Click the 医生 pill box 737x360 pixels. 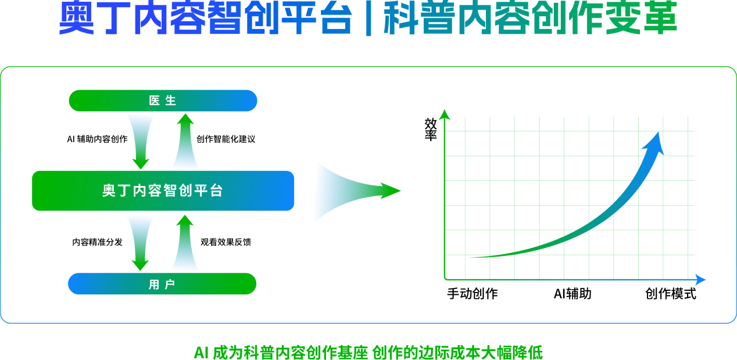pyautogui.click(x=163, y=101)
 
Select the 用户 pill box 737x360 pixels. pyautogui.click(x=162, y=284)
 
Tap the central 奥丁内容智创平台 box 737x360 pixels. pyautogui.click(x=163, y=191)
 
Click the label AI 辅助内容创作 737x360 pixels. pyautogui.click(x=98, y=139)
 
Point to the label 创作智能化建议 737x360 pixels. pyautogui.click(x=226, y=139)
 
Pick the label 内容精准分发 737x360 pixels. pyautogui.click(x=98, y=242)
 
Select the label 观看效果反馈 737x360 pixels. pyautogui.click(x=226, y=242)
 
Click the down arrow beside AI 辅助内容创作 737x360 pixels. pyautogui.click(x=141, y=142)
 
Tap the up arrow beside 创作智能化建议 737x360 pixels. pyautogui.click(x=185, y=141)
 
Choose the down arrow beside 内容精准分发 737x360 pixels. pyautogui.click(x=140, y=244)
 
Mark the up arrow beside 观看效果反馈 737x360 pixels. pyautogui.click(x=185, y=243)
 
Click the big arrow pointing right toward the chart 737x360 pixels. pyautogui.click(x=357, y=191)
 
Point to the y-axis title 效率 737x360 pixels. pyautogui.click(x=431, y=130)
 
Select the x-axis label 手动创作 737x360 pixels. pyautogui.click(x=473, y=294)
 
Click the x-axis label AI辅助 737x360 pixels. pyautogui.click(x=573, y=294)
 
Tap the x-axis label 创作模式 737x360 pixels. pyautogui.click(x=671, y=294)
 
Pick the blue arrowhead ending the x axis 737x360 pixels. pyautogui.click(x=700, y=279)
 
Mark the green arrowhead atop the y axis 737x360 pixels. pyautogui.click(x=445, y=115)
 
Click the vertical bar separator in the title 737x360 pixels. pyautogui.click(x=369, y=18)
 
